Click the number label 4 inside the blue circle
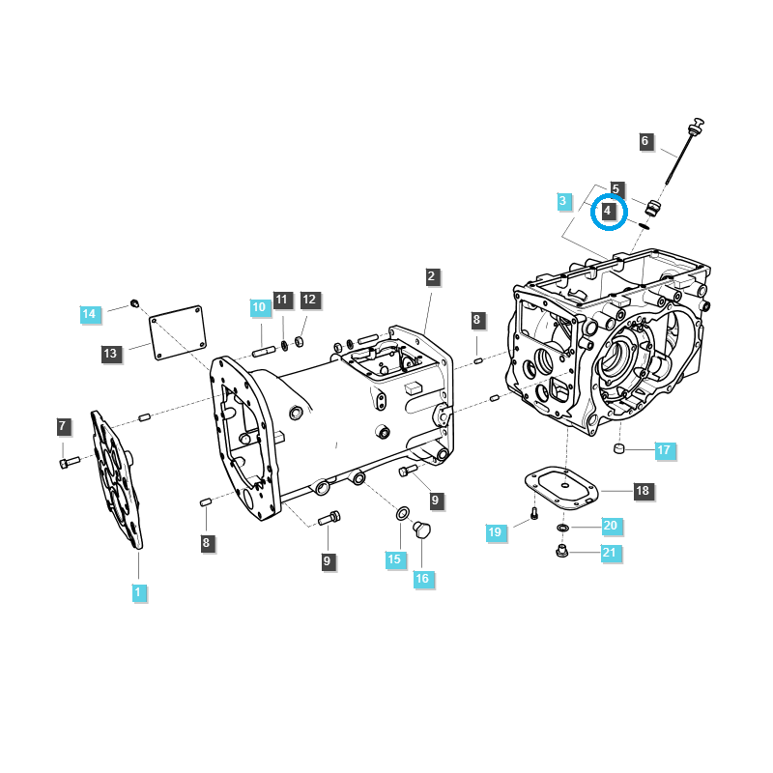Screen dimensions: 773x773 pyautogui.click(x=608, y=211)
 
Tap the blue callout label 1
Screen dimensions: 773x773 pyautogui.click(x=138, y=590)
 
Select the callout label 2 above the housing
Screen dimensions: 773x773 pyautogui.click(x=432, y=276)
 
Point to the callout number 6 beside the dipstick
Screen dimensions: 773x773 pyautogui.click(x=645, y=141)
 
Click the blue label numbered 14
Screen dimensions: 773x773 pyautogui.click(x=89, y=313)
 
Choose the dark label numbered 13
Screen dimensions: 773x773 pyautogui.click(x=111, y=354)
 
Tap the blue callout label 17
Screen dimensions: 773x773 pyautogui.click(x=663, y=450)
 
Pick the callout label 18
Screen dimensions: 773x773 pyautogui.click(x=642, y=491)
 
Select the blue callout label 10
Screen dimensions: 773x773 pyautogui.click(x=259, y=307)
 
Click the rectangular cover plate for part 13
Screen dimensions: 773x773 pyautogui.click(x=180, y=332)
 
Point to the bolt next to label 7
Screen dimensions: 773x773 pyautogui.click(x=65, y=463)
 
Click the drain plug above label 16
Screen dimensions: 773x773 pyautogui.click(x=420, y=530)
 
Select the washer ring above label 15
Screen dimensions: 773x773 pyautogui.click(x=400, y=511)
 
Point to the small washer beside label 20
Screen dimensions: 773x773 pyautogui.click(x=562, y=529)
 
